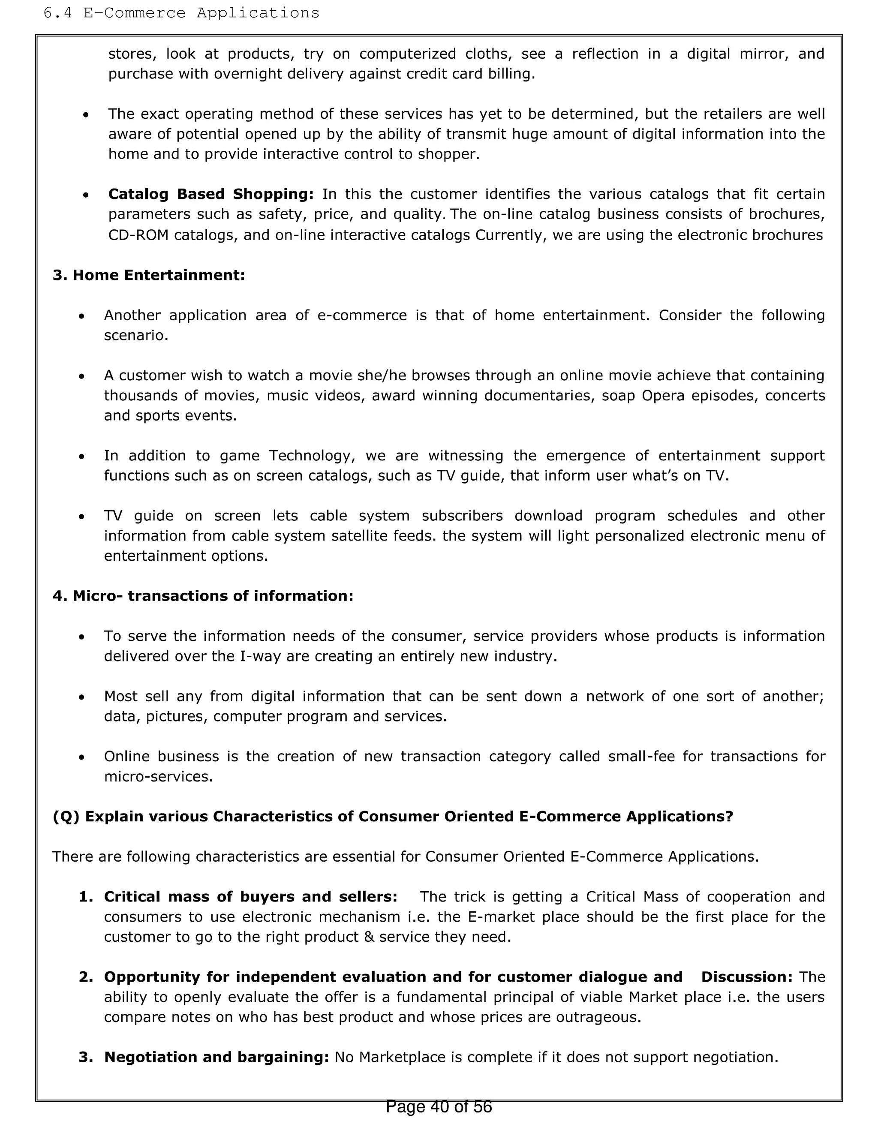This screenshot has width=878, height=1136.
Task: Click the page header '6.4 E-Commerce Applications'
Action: [x=181, y=13]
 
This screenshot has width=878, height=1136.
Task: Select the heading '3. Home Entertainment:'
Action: [x=149, y=275]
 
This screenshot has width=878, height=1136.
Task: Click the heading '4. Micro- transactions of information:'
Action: [x=203, y=595]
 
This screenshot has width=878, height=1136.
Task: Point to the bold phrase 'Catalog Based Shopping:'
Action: [x=210, y=194]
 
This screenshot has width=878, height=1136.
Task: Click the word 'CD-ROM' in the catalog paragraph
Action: [x=138, y=235]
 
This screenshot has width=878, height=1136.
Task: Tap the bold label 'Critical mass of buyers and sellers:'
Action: [x=251, y=897]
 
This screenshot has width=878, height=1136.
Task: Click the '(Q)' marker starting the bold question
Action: [x=66, y=817]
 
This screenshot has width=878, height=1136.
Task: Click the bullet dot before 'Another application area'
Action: [x=81, y=316]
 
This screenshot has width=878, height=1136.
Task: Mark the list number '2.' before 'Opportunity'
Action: [x=86, y=977]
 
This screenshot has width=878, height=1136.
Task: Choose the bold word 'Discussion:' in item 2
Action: [x=746, y=977]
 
